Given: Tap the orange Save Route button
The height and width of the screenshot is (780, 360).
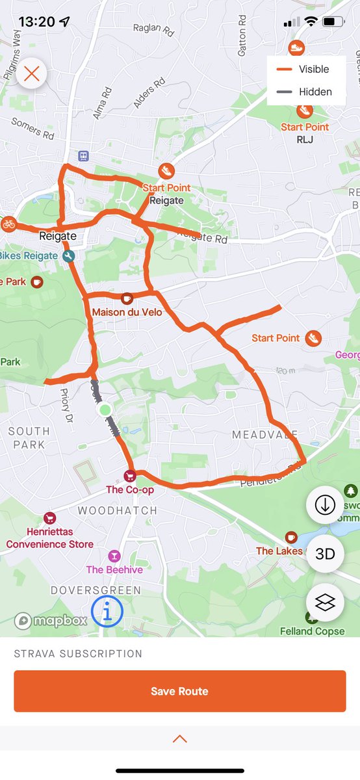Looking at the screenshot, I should (179, 691).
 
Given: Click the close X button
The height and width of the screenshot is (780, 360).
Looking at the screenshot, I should (32, 73).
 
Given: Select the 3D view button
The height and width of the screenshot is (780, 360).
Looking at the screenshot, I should (325, 554).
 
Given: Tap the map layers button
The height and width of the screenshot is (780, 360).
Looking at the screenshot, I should (325, 603).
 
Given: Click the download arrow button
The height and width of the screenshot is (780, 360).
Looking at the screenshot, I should (325, 505).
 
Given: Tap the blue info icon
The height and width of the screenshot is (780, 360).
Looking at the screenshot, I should (107, 611).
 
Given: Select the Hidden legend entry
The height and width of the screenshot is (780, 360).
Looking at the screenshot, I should (306, 92).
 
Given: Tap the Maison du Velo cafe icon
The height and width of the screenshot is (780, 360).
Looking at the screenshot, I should (127, 299).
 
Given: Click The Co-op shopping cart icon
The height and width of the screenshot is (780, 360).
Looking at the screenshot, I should (130, 476).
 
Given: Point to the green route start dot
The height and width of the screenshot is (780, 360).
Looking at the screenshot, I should (105, 410).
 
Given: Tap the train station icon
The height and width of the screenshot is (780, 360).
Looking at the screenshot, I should (83, 156).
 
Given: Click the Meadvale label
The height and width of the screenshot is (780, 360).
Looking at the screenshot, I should (265, 434).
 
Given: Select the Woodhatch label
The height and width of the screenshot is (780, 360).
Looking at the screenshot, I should (118, 511).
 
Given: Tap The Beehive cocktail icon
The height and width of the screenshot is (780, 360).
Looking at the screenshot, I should (114, 556).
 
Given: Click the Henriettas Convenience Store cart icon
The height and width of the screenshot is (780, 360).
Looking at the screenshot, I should (49, 518).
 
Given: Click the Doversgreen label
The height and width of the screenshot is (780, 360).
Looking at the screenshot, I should (96, 590).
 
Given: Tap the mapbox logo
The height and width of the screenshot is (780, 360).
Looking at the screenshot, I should (51, 621).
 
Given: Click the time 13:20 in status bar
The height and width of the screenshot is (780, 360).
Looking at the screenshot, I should (36, 21).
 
